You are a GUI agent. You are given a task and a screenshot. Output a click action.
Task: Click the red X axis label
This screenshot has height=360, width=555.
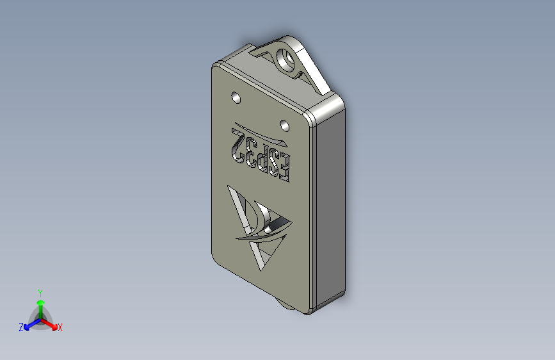(x=60, y=327)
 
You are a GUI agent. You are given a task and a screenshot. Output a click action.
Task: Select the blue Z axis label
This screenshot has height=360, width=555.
(x=21, y=327)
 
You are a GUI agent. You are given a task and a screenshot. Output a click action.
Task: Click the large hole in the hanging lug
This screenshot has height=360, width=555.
(x=286, y=60)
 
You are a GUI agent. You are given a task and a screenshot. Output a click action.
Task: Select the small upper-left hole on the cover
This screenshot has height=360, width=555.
(x=236, y=97)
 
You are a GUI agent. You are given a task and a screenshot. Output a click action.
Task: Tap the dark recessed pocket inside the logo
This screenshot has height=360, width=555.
(x=275, y=224)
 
